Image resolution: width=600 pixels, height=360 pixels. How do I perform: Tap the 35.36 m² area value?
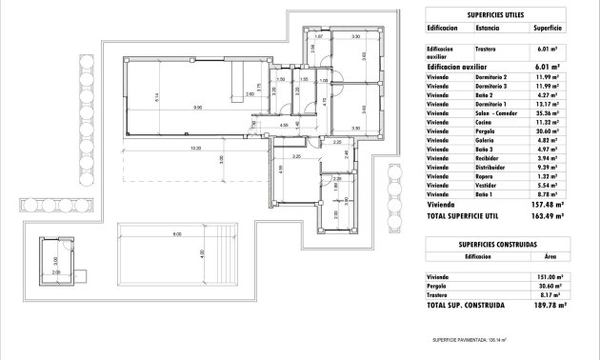[550, 112]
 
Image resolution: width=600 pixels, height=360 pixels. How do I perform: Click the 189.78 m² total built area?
[550, 307]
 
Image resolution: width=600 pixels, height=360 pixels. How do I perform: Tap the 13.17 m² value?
[550, 103]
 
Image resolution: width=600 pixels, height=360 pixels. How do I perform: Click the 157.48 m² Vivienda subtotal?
[550, 203]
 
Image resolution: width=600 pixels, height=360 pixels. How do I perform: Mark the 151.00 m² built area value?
[550, 277]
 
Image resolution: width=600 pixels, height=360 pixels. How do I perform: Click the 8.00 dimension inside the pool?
[177, 234]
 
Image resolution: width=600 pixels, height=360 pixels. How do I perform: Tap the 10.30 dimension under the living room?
[194, 149]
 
